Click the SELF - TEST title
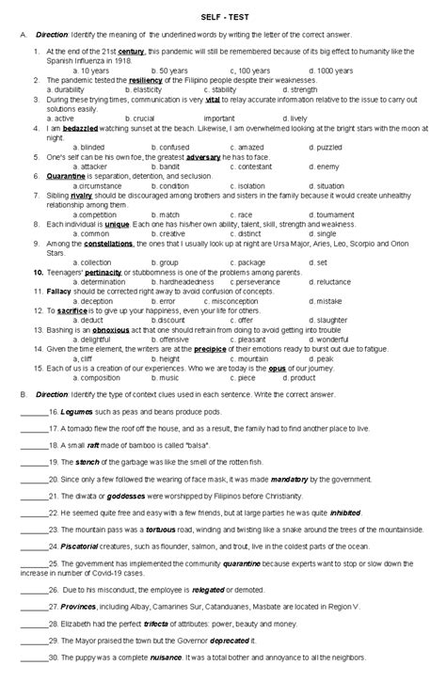tap(223, 16)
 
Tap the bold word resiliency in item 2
tap(148, 80)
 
